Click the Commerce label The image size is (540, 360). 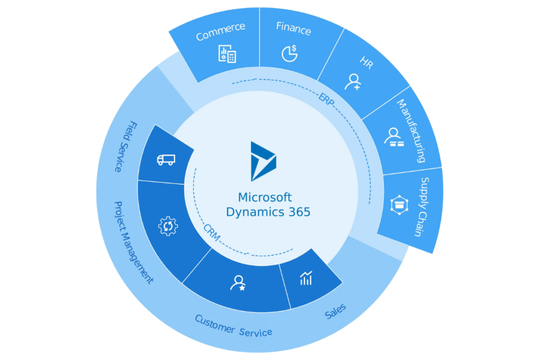pos(220,31)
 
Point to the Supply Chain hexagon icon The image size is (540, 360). pos(397,205)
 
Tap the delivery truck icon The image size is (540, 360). pos(166,160)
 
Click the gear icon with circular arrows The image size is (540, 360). pos(168,226)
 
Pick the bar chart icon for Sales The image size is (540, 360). pos(306,278)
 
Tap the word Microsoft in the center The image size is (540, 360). pos(265,198)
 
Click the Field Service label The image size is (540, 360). pos(125,147)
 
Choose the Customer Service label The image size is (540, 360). pos(234,326)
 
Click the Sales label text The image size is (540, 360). pos(335,311)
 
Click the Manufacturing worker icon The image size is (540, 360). pos(393,136)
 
